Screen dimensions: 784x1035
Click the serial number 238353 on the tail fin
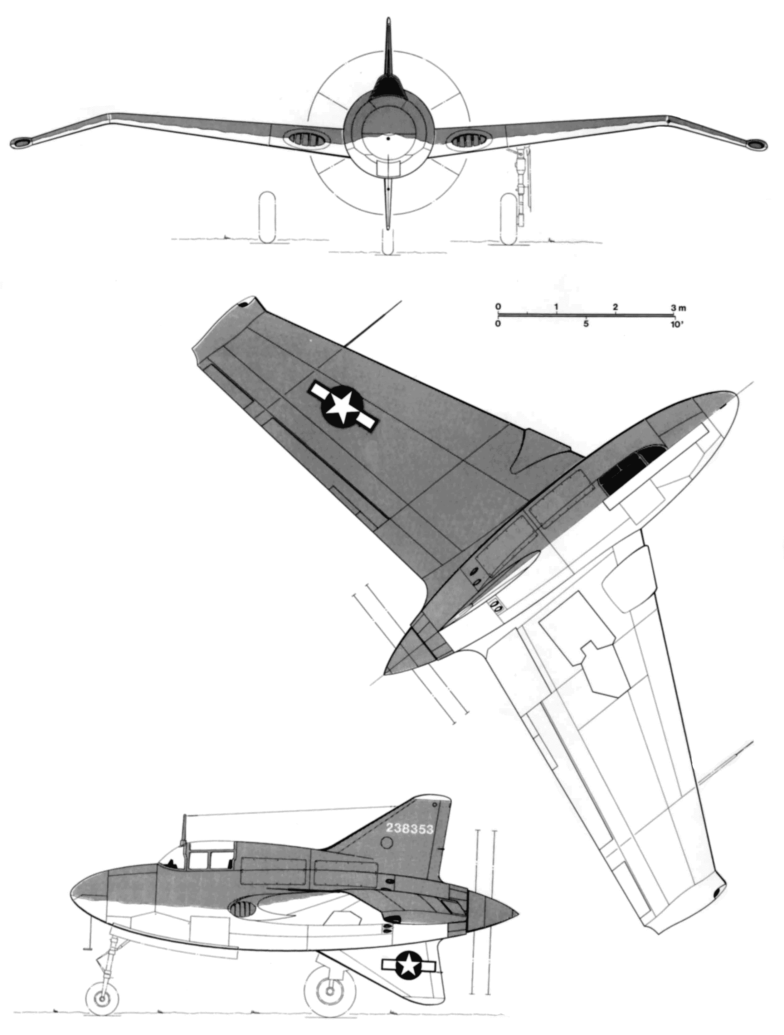pyautogui.click(x=410, y=828)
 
